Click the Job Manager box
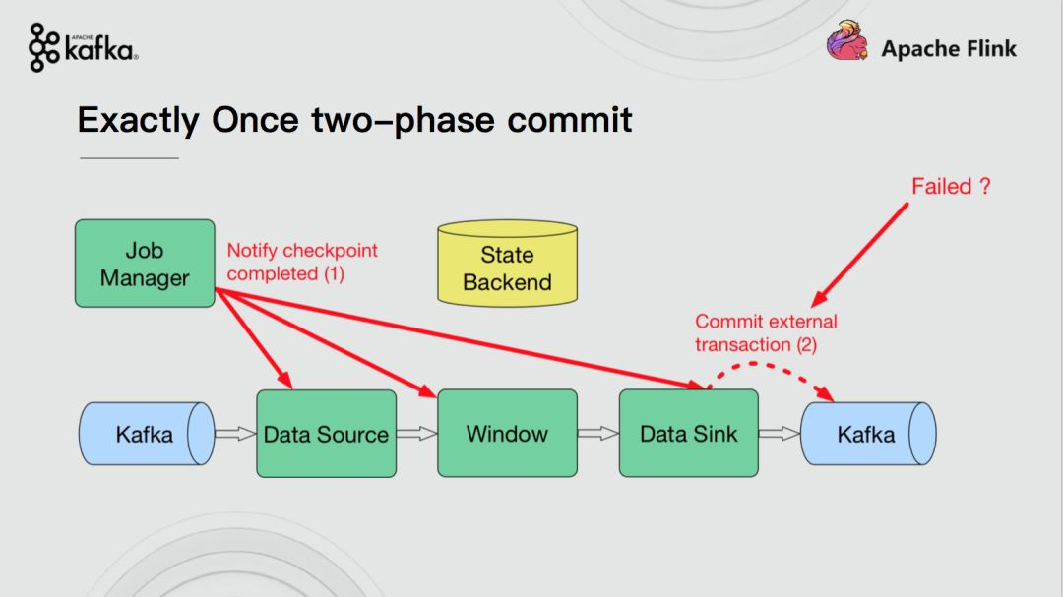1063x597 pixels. [x=145, y=264]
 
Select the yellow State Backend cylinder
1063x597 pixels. [x=508, y=263]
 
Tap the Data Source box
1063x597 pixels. [x=326, y=434]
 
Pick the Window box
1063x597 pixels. [x=507, y=434]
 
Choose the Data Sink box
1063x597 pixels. [x=689, y=434]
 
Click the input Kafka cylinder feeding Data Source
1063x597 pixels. [x=147, y=434]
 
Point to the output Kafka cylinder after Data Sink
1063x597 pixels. [x=868, y=434]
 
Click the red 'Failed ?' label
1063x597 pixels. [x=951, y=186]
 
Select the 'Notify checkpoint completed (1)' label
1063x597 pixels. [x=302, y=263]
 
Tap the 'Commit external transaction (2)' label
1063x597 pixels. [x=766, y=332]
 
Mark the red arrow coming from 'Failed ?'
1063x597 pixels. [x=859, y=255]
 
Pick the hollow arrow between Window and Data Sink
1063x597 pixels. [x=598, y=434]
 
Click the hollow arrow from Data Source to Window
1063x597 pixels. [x=417, y=434]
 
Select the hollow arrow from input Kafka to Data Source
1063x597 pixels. [x=236, y=434]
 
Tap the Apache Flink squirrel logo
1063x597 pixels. [x=847, y=40]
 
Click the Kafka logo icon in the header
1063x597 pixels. [x=44, y=47]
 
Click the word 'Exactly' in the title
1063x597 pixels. [x=139, y=121]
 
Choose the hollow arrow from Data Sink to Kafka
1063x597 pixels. [x=780, y=434]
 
